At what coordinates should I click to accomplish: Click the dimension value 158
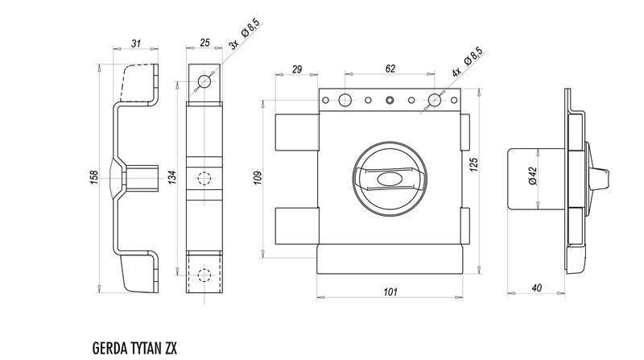(94, 176)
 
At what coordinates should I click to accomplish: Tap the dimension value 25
(204, 44)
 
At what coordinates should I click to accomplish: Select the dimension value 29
(297, 70)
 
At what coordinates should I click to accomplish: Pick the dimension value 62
(390, 70)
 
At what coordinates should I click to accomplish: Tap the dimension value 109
(258, 176)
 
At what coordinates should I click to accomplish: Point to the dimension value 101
(390, 292)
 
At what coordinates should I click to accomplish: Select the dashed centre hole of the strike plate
(204, 178)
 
